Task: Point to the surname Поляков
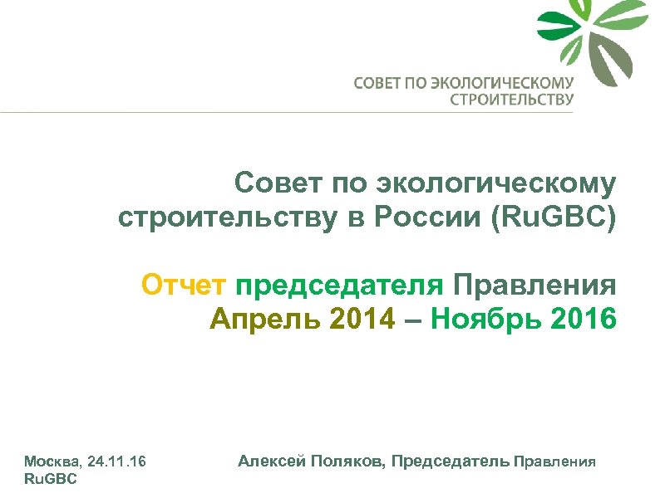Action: (342, 461)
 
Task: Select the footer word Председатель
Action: (451, 461)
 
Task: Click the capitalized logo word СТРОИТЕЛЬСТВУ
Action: (511, 100)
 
